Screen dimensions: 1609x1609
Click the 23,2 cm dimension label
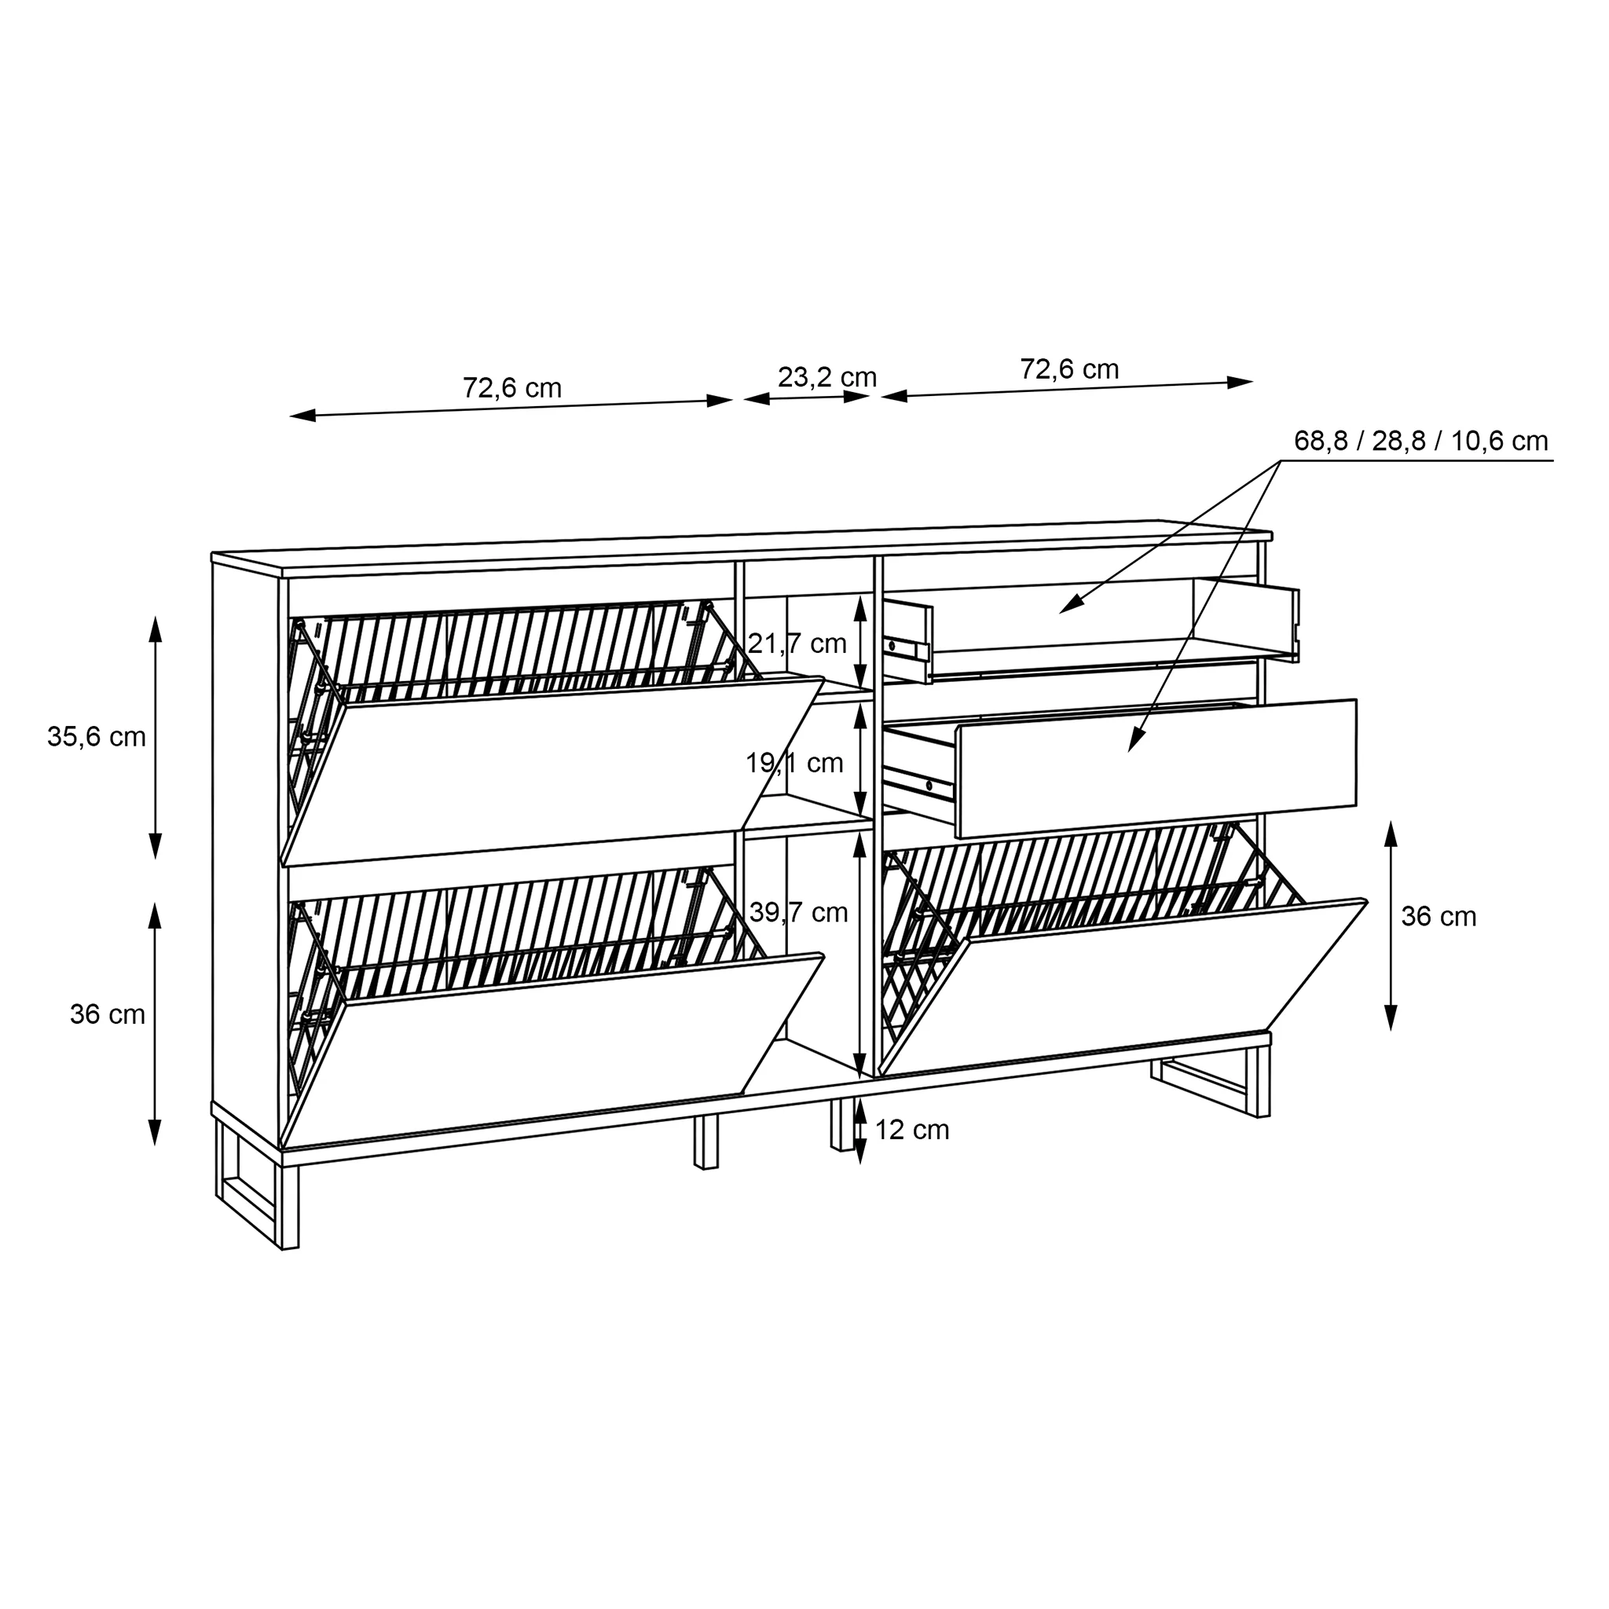pos(827,377)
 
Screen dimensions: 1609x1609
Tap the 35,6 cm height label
pos(97,737)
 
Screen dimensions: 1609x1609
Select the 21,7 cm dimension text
pos(797,643)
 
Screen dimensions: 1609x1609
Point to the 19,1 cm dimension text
pos(794,763)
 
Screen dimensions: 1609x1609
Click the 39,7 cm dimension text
pos(799,913)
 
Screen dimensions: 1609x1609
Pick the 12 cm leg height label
pos(912,1130)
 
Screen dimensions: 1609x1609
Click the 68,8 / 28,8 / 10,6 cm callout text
pos(1420,442)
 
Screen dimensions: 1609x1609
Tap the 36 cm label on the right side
pos(1439,917)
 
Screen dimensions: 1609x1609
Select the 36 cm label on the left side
pos(108,1014)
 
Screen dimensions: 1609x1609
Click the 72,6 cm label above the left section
pos(512,388)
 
